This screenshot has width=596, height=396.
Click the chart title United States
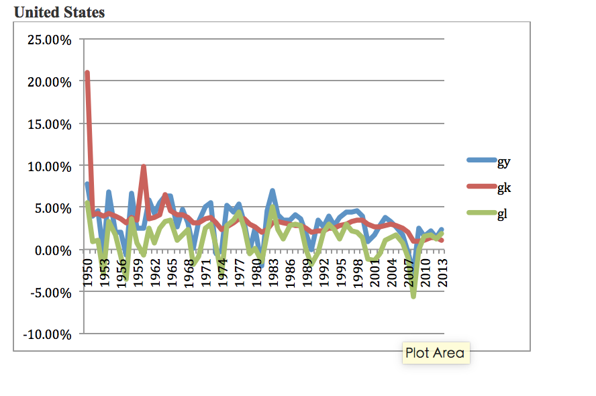tap(59, 12)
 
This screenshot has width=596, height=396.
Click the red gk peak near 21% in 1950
tap(87, 73)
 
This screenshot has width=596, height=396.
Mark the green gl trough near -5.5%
tap(413, 296)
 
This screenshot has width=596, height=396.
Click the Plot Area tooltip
tap(435, 353)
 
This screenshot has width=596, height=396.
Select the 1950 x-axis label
tap(87, 270)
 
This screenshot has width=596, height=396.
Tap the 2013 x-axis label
tap(442, 270)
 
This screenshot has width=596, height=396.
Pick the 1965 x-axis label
tap(172, 270)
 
